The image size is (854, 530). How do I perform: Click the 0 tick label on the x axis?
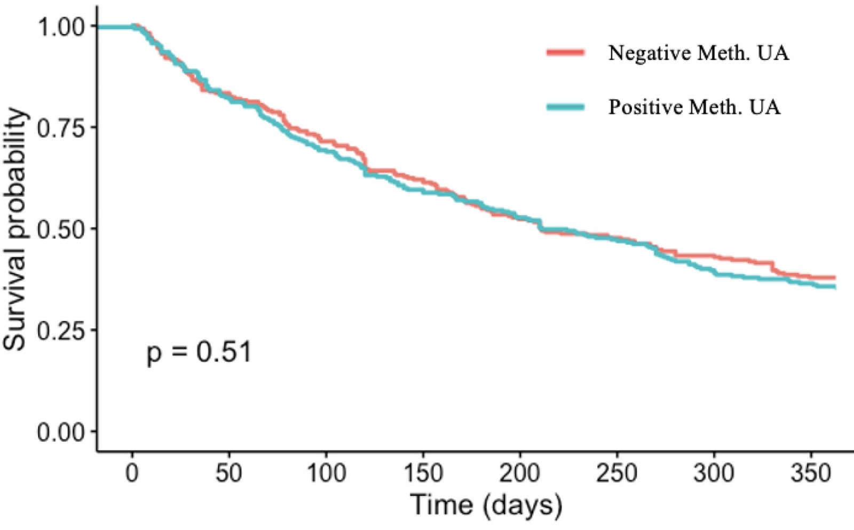click(132, 473)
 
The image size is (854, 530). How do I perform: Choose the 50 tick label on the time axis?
click(229, 473)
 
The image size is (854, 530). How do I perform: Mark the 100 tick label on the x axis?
click(326, 473)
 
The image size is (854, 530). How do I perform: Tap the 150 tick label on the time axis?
click(423, 473)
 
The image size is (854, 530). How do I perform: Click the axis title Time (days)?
click(486, 505)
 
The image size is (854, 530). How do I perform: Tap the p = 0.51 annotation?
click(199, 353)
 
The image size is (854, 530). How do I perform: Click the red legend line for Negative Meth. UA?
click(566, 52)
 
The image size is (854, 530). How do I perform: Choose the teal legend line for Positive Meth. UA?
click(566, 107)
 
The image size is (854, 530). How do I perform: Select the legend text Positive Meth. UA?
click(694, 107)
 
